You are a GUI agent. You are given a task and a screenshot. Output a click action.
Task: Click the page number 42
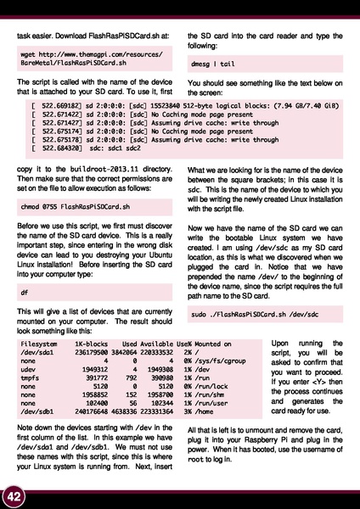tap(13, 495)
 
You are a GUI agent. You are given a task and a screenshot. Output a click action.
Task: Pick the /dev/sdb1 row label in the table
tap(38, 411)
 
